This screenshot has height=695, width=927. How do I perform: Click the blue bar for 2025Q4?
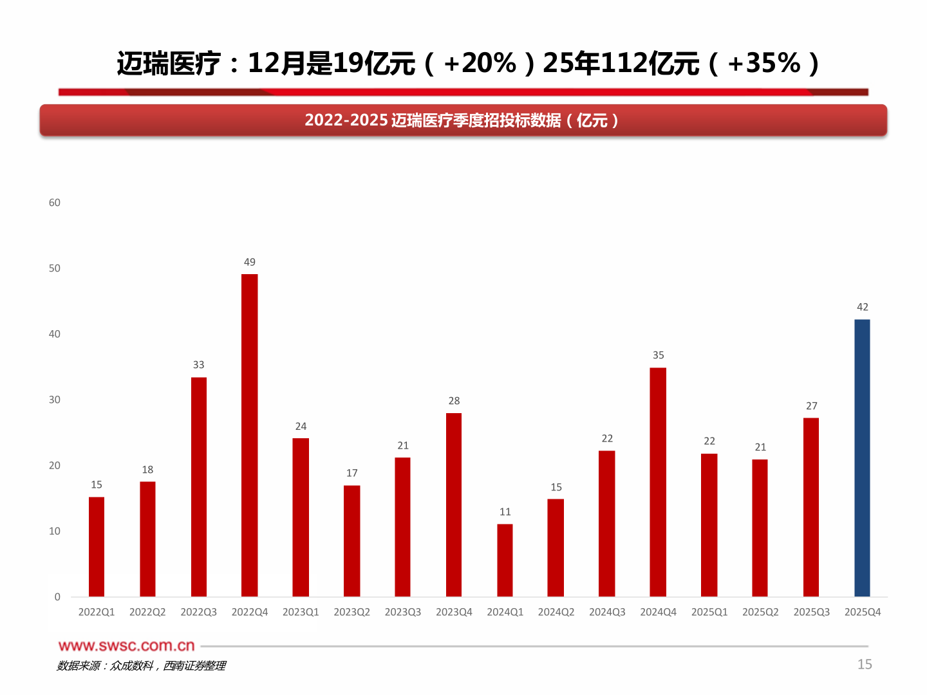tap(862, 458)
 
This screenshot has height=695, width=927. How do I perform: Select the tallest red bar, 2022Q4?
tap(250, 436)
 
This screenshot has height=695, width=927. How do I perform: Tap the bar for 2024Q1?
tap(505, 561)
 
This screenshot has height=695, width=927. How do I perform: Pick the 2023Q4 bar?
tap(454, 505)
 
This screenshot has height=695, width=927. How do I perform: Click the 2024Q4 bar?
tap(658, 483)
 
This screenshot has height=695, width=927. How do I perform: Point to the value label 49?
tap(250, 262)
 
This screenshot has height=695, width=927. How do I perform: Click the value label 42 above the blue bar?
tap(863, 307)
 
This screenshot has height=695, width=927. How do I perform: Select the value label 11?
tap(505, 512)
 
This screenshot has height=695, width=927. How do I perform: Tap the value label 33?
tap(199, 365)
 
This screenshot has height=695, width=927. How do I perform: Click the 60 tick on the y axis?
tap(55, 203)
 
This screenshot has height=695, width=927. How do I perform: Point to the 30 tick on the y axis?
tap(55, 400)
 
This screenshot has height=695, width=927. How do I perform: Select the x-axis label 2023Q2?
tap(351, 612)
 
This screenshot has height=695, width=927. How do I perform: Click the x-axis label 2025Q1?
tap(709, 612)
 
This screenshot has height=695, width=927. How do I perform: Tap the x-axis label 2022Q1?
tap(97, 612)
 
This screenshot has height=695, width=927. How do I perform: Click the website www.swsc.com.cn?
tap(126, 646)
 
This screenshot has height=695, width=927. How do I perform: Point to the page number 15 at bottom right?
tap(865, 664)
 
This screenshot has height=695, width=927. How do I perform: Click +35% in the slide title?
tap(764, 63)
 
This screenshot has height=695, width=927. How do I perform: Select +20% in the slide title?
tap(480, 63)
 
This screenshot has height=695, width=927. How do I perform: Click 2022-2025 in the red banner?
tap(346, 120)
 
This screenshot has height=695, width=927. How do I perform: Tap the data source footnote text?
tap(141, 666)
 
